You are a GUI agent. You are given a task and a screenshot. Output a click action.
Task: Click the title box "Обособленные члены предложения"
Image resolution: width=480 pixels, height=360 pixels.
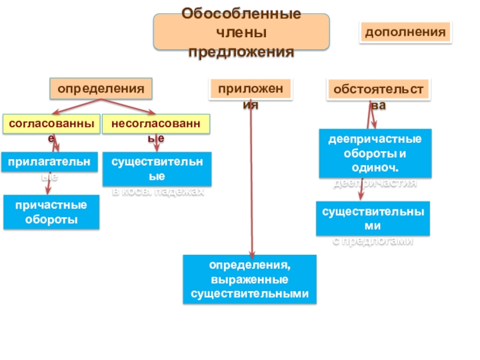click(x=242, y=32)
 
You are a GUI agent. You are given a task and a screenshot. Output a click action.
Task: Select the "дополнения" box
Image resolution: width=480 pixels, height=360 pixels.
click(x=406, y=32)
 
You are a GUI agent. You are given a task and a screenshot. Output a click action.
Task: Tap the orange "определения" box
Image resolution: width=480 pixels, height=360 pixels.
click(x=101, y=89)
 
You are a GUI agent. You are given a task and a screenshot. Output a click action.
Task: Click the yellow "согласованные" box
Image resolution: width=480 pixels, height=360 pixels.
click(x=50, y=124)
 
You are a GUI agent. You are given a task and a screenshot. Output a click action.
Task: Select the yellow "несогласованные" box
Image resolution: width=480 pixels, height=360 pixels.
click(x=156, y=124)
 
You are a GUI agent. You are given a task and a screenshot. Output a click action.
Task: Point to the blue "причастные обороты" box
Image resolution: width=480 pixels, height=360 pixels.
click(x=51, y=212)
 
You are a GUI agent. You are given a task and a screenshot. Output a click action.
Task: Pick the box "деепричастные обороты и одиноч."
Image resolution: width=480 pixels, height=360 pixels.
click(x=374, y=153)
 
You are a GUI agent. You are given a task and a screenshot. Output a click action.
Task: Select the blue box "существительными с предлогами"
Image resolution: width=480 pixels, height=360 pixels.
click(x=373, y=218)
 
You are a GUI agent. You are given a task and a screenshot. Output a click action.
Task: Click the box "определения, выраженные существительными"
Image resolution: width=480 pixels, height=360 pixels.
click(x=250, y=279)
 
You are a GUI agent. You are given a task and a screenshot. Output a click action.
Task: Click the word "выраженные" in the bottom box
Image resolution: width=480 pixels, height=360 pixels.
click(x=250, y=280)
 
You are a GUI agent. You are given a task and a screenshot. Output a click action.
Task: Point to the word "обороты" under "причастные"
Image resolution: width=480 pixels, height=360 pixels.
click(x=51, y=220)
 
